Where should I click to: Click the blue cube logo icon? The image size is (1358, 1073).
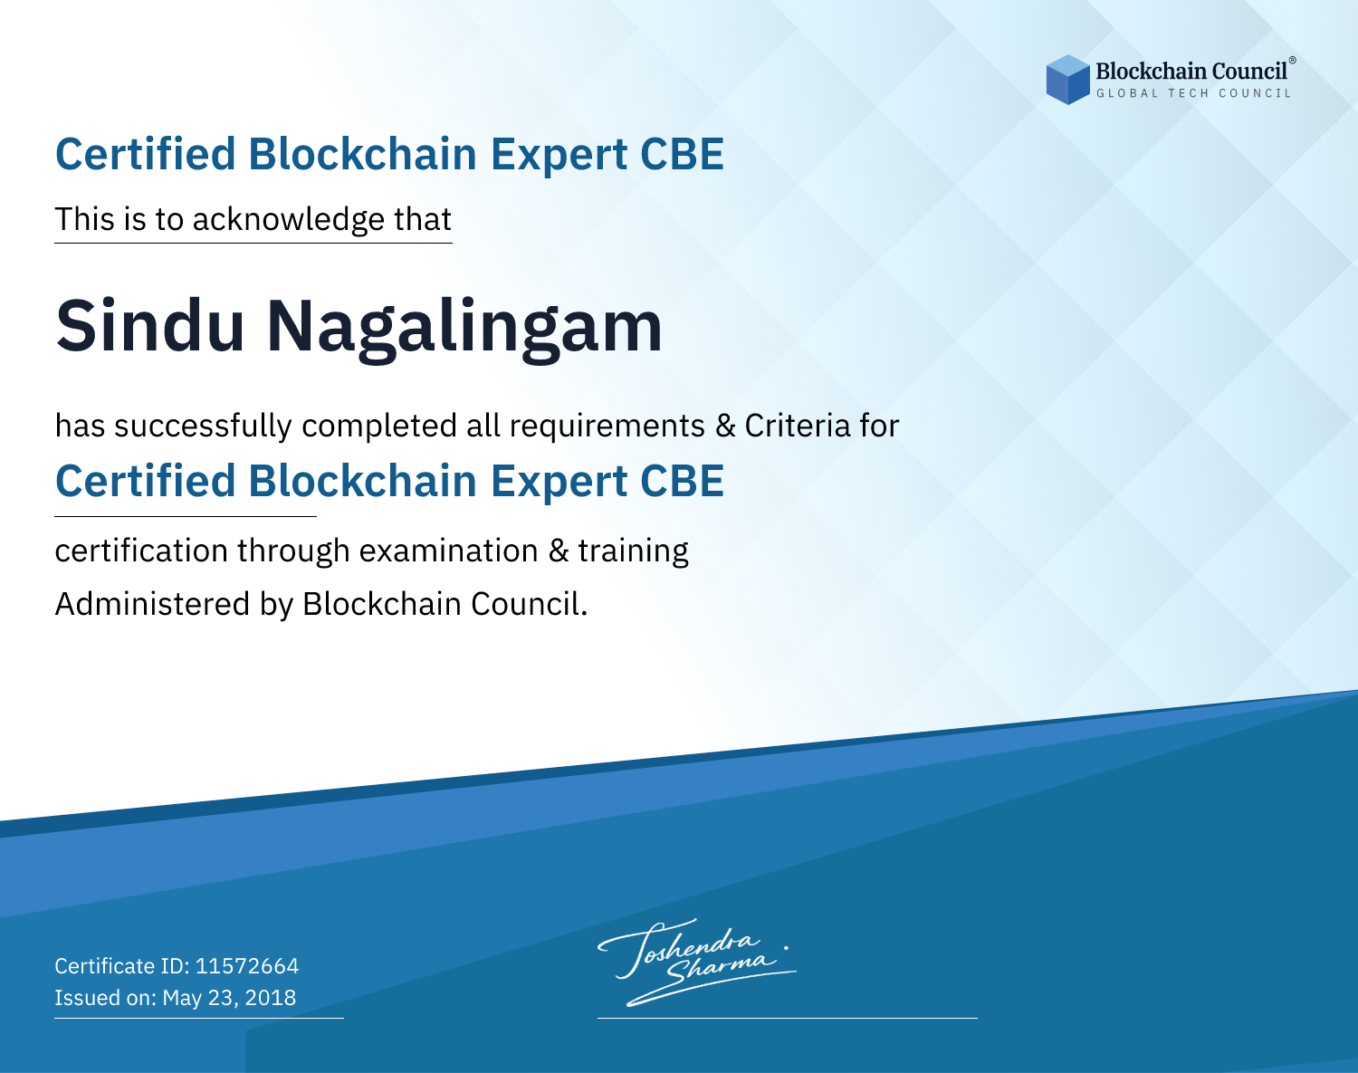1067,80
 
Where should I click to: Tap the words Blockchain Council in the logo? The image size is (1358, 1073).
1191,71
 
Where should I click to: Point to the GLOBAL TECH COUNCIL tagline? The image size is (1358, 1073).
1193,93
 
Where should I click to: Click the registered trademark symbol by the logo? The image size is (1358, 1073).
1293,61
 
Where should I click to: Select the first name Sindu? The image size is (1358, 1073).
149,326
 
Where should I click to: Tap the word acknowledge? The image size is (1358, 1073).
288,220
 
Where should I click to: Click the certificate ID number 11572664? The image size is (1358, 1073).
247,965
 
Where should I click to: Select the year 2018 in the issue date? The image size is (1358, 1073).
270,997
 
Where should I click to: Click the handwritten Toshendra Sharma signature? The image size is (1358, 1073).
696,962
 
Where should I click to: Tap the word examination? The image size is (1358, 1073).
448,551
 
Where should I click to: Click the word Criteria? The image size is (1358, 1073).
797,426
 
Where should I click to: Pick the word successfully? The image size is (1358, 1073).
203,426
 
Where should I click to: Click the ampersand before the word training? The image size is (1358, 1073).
558,551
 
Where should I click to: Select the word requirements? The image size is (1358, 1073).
607,426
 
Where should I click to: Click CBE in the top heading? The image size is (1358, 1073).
682,154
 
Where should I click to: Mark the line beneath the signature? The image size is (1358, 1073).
787,1018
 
